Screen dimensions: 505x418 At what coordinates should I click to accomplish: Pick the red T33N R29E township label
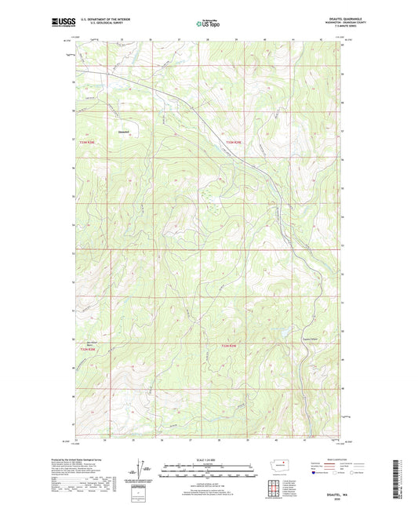point(233,142)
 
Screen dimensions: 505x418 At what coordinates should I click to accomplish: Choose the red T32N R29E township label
point(228,346)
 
